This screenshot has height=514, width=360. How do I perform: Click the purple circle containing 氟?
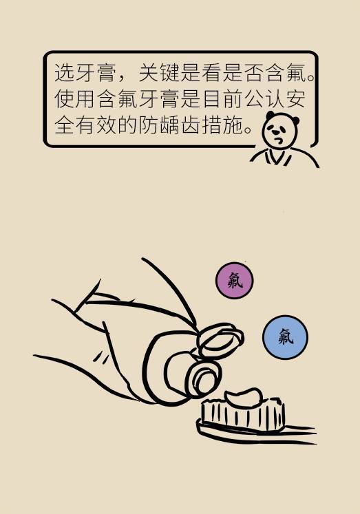point(235,280)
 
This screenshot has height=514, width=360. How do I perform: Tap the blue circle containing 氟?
point(285,337)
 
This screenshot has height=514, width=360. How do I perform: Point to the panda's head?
point(281,129)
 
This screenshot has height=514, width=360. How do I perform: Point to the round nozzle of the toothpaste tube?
point(205,378)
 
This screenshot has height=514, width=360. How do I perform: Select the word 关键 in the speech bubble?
point(160,72)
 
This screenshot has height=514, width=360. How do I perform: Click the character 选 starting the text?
point(65,72)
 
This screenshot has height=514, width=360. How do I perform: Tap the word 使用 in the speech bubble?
point(75,98)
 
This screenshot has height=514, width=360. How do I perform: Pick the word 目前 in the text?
point(222,98)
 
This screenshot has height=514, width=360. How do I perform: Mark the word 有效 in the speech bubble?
point(96,125)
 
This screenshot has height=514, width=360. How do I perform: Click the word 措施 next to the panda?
point(222,125)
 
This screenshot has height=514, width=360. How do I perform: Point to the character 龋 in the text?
point(170,125)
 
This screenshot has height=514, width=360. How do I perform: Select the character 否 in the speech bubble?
point(254,72)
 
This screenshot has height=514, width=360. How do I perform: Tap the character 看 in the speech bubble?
point(212,72)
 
